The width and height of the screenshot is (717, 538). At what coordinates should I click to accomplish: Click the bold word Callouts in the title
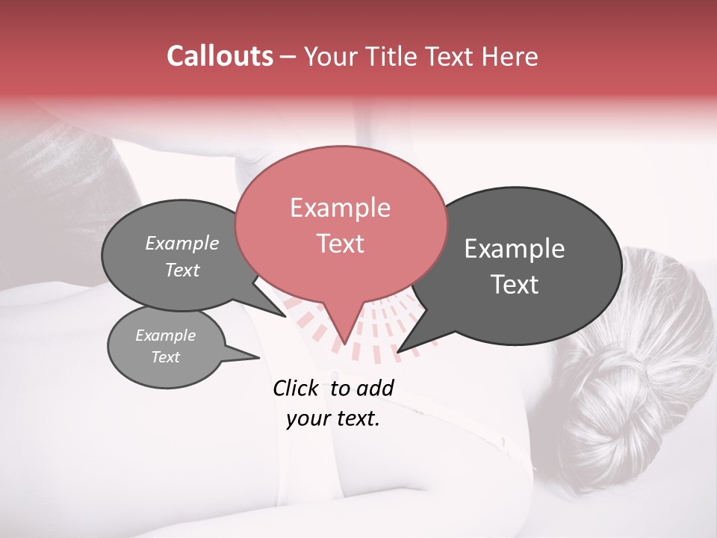click(x=220, y=56)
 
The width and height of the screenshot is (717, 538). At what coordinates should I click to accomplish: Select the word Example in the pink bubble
click(x=340, y=208)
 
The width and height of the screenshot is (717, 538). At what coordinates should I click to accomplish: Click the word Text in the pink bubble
click(x=340, y=244)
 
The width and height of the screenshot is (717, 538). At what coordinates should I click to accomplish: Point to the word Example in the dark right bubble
click(x=515, y=249)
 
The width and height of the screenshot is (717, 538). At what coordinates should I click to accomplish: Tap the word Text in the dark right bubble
click(x=515, y=285)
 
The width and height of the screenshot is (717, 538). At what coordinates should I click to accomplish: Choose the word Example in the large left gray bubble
click(x=182, y=243)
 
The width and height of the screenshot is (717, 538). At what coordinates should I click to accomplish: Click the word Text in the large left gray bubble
click(x=182, y=270)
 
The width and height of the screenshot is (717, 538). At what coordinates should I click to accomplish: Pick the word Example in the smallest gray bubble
click(x=165, y=336)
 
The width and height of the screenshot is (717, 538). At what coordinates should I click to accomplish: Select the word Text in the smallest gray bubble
click(x=165, y=357)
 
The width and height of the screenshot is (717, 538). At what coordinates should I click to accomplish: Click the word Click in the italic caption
click(x=298, y=388)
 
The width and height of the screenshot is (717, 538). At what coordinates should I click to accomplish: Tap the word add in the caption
click(x=375, y=388)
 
